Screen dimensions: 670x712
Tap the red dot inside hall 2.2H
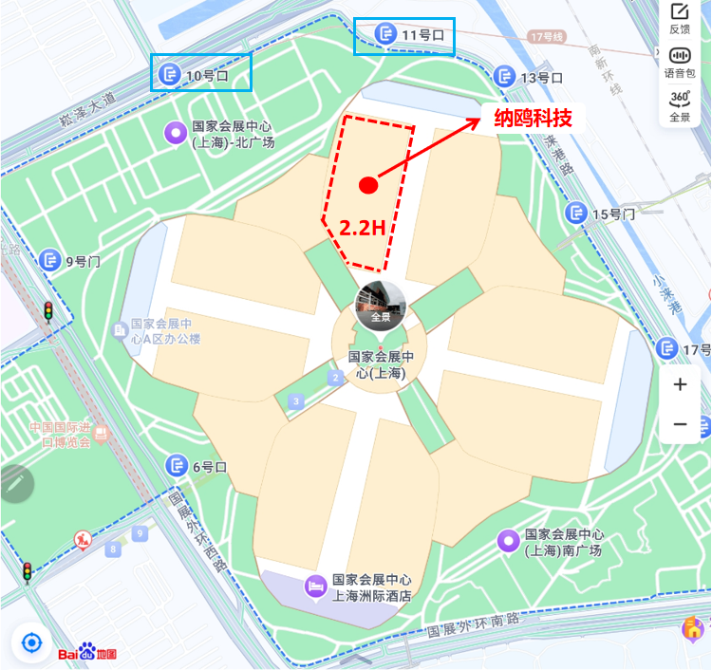tap(369, 185)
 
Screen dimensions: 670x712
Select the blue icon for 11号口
tap(386, 35)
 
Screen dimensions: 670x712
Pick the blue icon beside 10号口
tap(170, 74)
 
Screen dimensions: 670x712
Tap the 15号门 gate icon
tap(575, 214)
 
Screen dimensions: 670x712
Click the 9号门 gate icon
tap(50, 260)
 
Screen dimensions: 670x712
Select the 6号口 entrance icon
tap(177, 466)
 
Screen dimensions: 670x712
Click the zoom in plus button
tap(680, 385)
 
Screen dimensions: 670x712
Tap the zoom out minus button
tap(680, 424)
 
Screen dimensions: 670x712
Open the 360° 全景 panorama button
tap(680, 104)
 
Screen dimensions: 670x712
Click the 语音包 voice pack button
tap(680, 60)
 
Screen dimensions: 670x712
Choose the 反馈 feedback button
tap(680, 18)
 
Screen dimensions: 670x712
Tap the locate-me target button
tap(31, 643)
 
